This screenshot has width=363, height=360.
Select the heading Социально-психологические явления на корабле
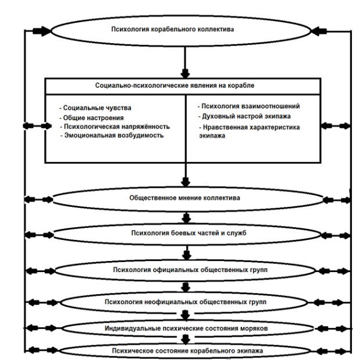(175, 85)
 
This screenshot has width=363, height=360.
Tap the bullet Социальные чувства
(95, 108)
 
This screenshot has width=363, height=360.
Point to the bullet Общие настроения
(92, 118)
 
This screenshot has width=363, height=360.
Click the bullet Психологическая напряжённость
(115, 126)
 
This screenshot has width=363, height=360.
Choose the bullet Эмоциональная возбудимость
(112, 135)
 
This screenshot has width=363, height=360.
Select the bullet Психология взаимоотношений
(249, 106)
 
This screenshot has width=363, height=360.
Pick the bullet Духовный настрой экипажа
(245, 116)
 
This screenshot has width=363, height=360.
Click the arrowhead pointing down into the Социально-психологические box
(185, 73)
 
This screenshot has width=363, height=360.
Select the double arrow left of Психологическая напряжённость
(37, 126)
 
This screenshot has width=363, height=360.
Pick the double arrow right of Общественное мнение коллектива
(337, 200)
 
